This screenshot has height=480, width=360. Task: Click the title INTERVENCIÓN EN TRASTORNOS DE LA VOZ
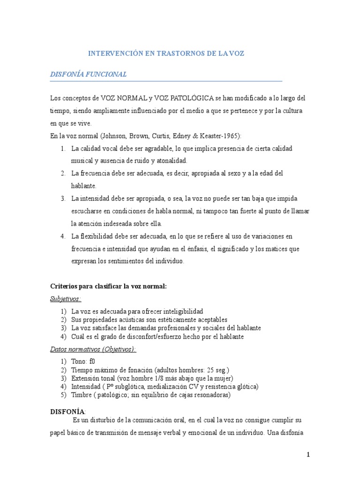click(x=166, y=54)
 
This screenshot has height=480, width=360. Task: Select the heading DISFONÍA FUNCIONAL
click(x=88, y=75)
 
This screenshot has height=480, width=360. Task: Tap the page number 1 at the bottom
click(x=308, y=454)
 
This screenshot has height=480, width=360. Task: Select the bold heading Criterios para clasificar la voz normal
click(x=108, y=286)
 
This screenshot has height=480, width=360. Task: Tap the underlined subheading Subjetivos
click(x=66, y=299)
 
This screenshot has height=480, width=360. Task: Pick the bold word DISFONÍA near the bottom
click(x=67, y=411)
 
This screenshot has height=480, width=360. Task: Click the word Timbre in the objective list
click(x=82, y=395)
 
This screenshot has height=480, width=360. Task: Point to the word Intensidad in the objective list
click(x=86, y=387)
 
